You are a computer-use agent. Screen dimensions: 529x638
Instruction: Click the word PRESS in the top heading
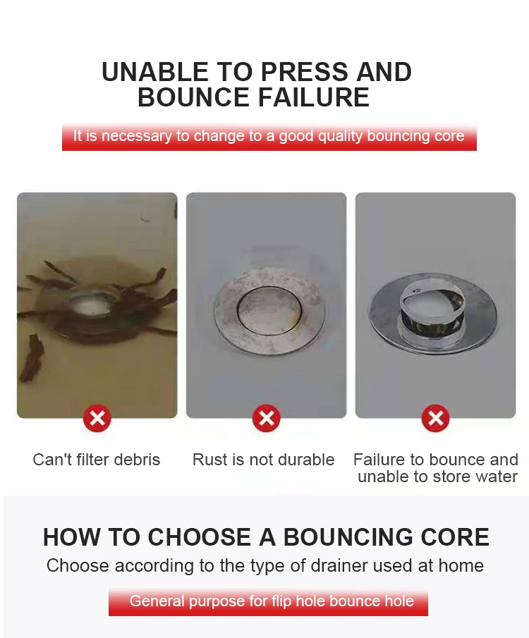click(304, 72)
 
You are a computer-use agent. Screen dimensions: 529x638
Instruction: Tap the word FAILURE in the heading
click(314, 97)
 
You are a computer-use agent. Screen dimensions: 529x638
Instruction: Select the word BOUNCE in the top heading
click(193, 97)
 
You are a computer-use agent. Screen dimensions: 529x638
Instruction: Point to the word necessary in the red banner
click(137, 136)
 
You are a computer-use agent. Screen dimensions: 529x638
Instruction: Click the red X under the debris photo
click(97, 418)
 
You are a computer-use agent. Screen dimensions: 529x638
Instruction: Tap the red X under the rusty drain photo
click(266, 418)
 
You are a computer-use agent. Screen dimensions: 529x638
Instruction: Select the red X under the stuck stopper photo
click(435, 418)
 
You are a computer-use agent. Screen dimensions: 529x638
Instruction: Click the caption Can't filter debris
click(97, 460)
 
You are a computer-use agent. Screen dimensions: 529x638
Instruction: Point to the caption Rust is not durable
click(264, 460)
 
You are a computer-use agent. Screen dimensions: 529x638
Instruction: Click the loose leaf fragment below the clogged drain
click(32, 357)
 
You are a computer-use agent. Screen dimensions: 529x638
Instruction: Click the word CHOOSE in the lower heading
click(199, 537)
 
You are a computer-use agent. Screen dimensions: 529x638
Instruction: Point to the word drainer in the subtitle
click(339, 565)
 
